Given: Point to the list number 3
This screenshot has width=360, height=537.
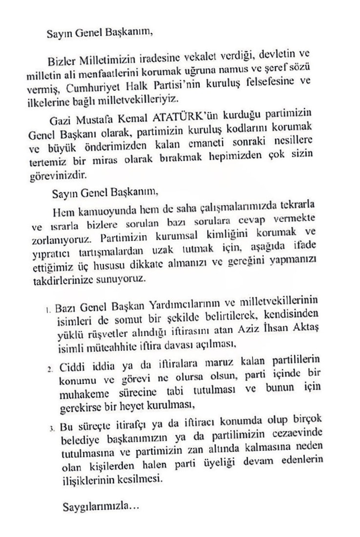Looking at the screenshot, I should click(x=50, y=429).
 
